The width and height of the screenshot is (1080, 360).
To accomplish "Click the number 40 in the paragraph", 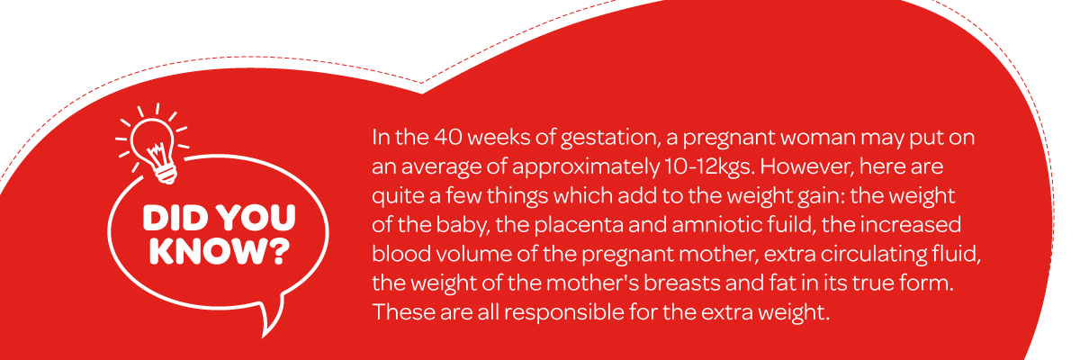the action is pos(448,138).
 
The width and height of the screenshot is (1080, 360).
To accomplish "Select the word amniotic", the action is pos(719,225).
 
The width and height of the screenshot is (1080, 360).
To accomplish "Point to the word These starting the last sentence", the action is pos(403,311).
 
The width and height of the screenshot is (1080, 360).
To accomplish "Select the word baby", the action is pos(463,226).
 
